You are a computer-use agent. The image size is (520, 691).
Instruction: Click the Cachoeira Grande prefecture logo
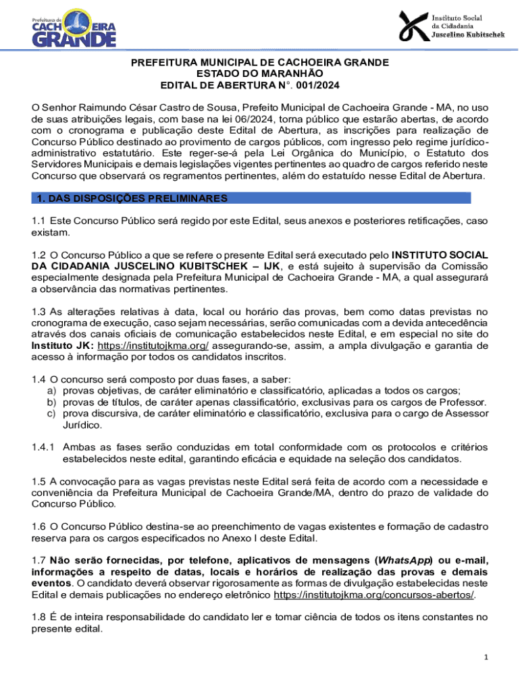click(73, 28)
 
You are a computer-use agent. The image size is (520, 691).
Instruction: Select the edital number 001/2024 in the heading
click(316, 85)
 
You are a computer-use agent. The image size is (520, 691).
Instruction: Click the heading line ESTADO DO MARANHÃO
click(260, 74)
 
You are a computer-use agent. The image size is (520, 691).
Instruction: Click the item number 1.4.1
click(45, 447)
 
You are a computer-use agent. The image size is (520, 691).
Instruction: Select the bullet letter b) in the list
click(51, 403)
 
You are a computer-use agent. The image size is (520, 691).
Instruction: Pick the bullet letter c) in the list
click(51, 414)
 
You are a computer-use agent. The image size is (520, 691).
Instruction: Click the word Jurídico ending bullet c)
click(82, 426)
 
